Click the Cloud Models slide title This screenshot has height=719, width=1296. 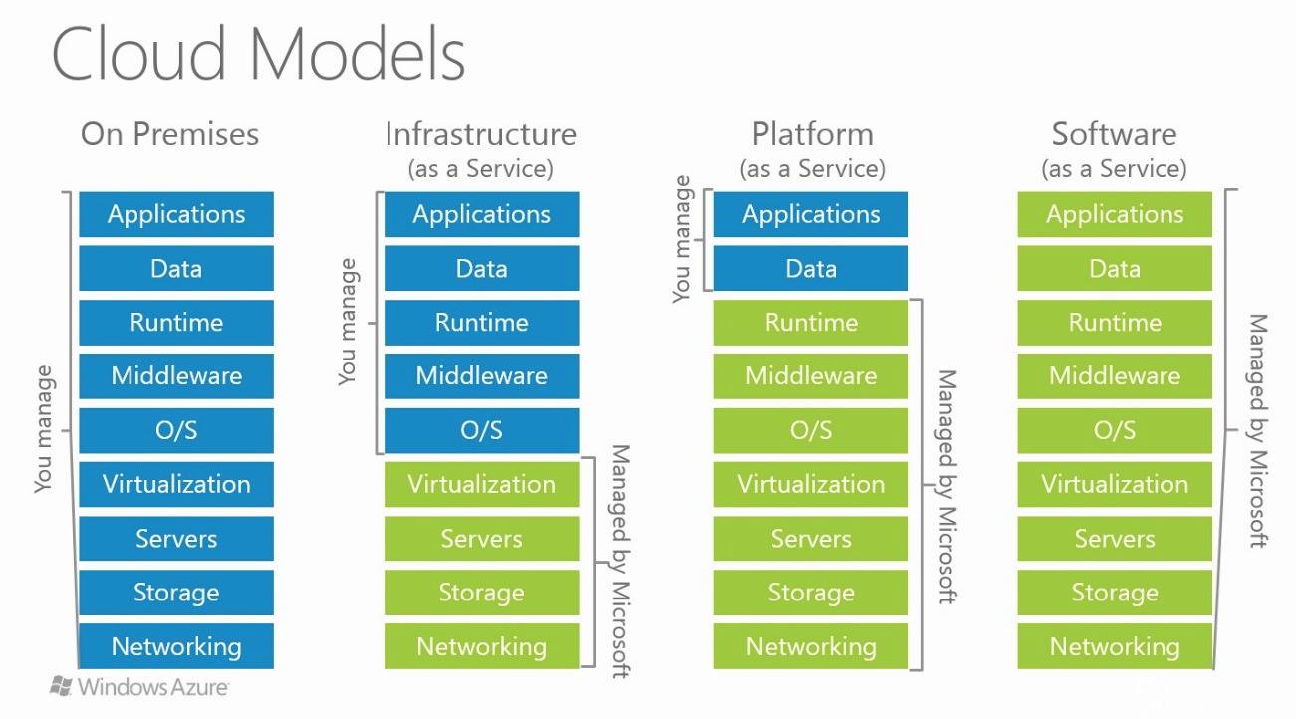click(x=258, y=54)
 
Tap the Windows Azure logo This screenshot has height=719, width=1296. click(x=139, y=686)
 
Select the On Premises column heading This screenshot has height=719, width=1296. click(x=169, y=134)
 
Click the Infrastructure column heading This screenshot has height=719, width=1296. click(x=480, y=134)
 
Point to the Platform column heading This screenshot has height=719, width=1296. click(x=812, y=134)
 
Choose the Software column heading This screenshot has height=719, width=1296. click(x=1114, y=134)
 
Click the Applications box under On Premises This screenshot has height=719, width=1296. click(x=176, y=214)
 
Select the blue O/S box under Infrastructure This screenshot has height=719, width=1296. click(x=481, y=430)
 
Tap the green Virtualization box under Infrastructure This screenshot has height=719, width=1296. click(x=481, y=484)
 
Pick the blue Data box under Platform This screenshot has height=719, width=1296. click(x=811, y=268)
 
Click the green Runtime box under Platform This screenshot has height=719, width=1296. click(x=811, y=322)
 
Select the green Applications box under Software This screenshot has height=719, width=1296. click(x=1115, y=214)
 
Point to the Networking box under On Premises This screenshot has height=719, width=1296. click(x=176, y=646)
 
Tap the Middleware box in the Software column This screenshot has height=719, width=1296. click(x=1115, y=375)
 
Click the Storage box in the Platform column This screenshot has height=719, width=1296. click(x=811, y=593)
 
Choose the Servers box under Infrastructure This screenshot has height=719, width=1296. click(x=481, y=539)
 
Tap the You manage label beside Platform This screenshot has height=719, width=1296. click(x=682, y=239)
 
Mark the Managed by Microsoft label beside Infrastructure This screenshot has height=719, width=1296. click(x=619, y=562)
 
